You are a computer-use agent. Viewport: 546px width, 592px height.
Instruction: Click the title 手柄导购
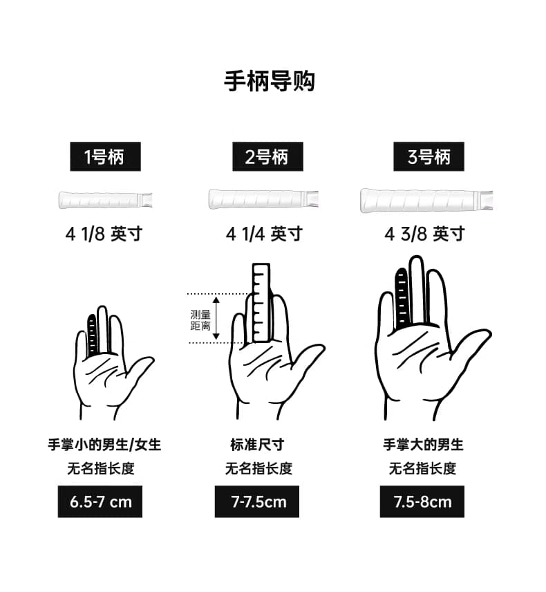(270, 81)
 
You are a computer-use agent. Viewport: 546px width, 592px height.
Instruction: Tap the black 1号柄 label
(105, 157)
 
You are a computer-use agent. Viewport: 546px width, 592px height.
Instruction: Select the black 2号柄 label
(267, 157)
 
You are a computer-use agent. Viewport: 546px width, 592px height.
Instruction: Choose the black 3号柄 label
(429, 157)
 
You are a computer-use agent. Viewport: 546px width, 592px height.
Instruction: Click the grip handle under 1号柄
(105, 200)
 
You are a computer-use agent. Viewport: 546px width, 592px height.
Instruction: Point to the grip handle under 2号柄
(263, 198)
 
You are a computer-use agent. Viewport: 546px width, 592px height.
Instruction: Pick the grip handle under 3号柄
(426, 200)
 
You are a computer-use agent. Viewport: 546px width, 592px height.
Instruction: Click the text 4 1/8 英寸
(104, 234)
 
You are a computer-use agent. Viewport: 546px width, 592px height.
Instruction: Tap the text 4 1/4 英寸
(265, 234)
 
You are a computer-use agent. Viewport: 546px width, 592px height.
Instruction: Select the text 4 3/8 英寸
(424, 234)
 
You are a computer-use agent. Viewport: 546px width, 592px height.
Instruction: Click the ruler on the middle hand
(261, 303)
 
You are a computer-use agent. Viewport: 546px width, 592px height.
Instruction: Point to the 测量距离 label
(200, 320)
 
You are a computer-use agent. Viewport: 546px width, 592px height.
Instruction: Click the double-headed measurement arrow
(216, 318)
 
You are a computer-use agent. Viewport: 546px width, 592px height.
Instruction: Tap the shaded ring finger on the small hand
(93, 335)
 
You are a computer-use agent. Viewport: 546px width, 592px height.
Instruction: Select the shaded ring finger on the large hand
(402, 298)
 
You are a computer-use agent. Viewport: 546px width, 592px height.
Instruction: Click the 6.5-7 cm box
(100, 502)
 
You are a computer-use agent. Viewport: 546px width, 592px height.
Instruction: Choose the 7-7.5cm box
(257, 502)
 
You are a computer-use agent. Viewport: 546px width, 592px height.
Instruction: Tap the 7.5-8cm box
(422, 502)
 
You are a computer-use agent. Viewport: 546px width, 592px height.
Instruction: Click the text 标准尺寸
(257, 445)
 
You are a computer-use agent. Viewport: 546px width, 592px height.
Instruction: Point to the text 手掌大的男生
(423, 445)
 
